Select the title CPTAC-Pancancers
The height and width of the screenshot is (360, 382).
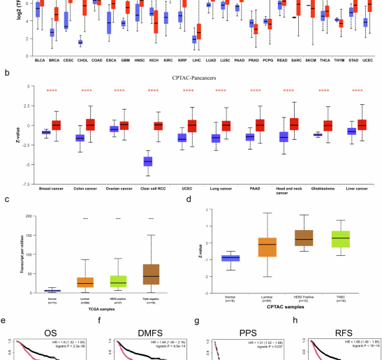[191, 79]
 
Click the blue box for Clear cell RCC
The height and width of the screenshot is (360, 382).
[148, 161]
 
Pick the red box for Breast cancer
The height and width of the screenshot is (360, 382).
[57, 125]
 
